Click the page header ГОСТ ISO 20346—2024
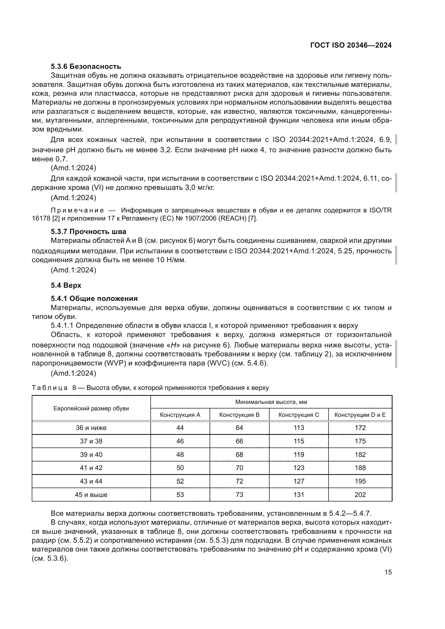pyautogui.click(x=351, y=45)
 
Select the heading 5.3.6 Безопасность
pyautogui.click(x=86, y=67)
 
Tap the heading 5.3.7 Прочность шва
pyautogui.click(x=88, y=232)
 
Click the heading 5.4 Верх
pyautogui.click(x=66, y=286)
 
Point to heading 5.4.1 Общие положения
pyautogui.click(x=94, y=298)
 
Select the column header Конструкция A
pyautogui.click(x=180, y=415)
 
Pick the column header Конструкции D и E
pyautogui.click(x=360, y=415)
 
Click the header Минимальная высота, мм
pyautogui.click(x=271, y=402)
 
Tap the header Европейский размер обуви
pyautogui.click(x=91, y=408)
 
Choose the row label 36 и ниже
pyautogui.click(x=91, y=428)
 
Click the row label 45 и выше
pyautogui.click(x=91, y=495)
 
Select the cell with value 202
pyautogui.click(x=360, y=495)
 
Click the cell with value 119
pyautogui.click(x=298, y=455)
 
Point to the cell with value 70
pyautogui.click(x=239, y=468)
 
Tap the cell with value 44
pyautogui.click(x=180, y=428)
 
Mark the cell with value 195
pyautogui.click(x=360, y=481)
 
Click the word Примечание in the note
pyautogui.click(x=77, y=210)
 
